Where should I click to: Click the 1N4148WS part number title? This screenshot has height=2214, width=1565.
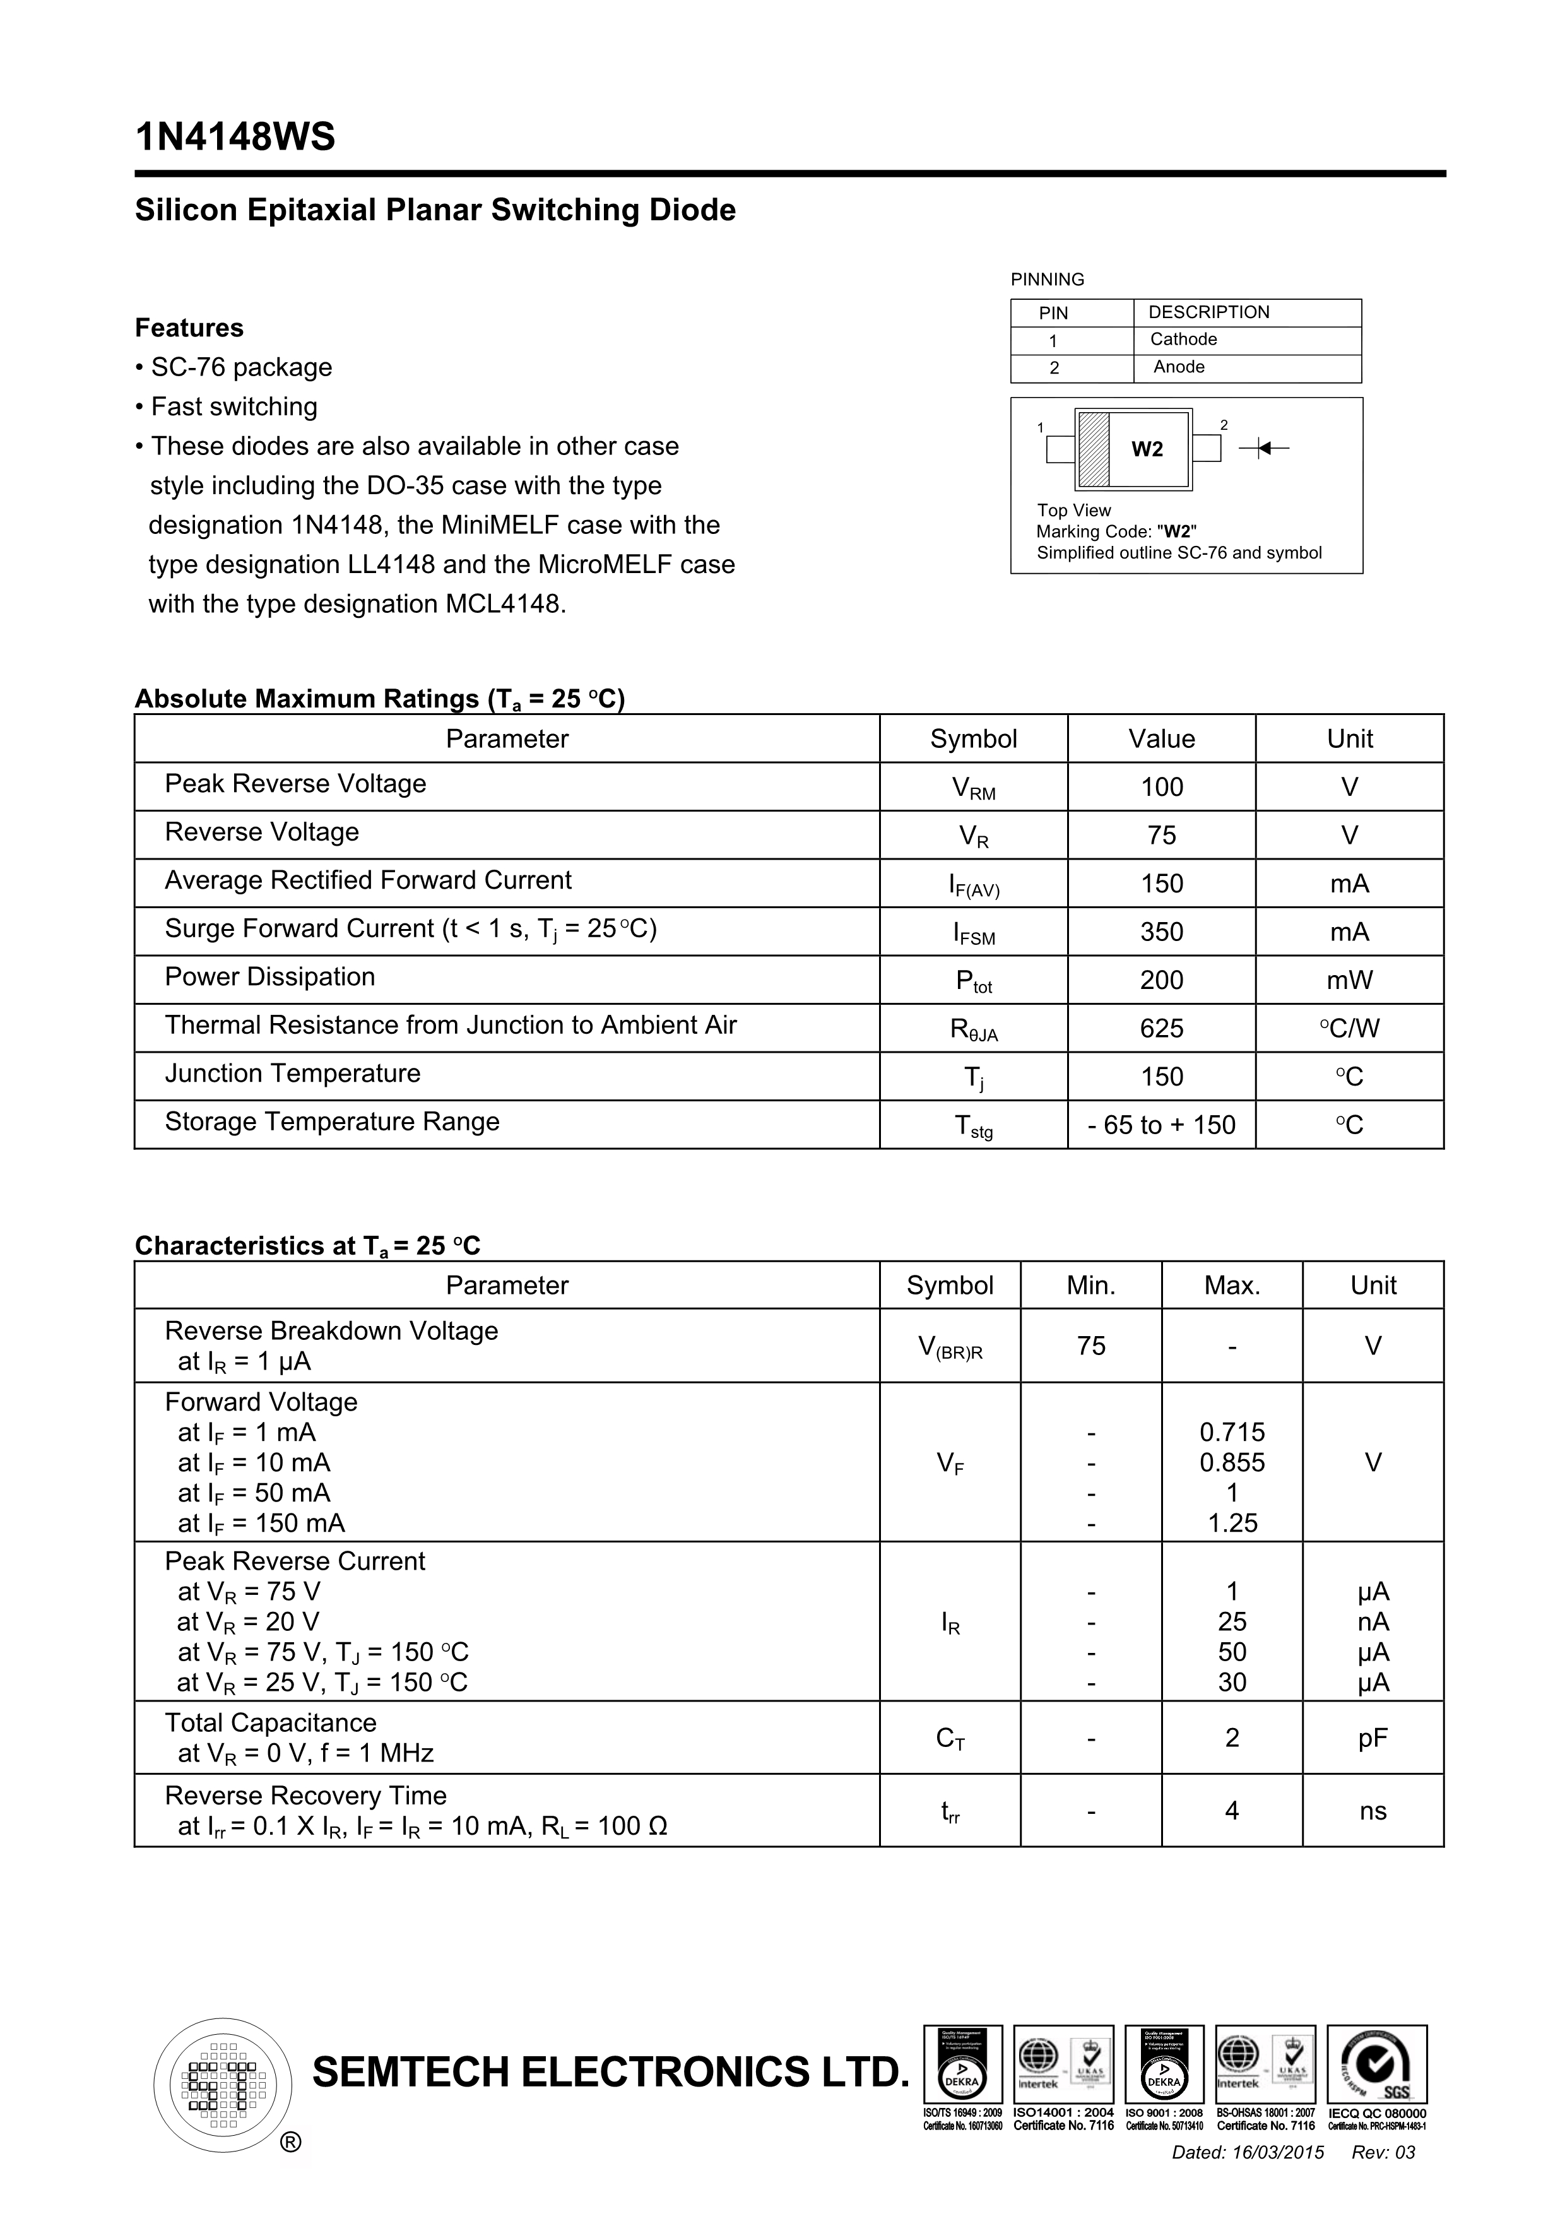pyautogui.click(x=235, y=138)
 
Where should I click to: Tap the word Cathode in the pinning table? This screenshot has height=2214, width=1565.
pyautogui.click(x=1183, y=340)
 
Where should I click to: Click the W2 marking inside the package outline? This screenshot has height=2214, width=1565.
pyautogui.click(x=1147, y=449)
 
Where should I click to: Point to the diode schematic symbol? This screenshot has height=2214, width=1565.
pyautogui.click(x=1264, y=447)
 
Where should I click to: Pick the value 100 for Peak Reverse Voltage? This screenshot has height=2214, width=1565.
pyautogui.click(x=1161, y=787)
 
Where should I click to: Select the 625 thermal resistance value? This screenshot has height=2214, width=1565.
pyautogui.click(x=1161, y=1028)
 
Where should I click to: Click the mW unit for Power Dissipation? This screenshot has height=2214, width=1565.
pyautogui.click(x=1349, y=980)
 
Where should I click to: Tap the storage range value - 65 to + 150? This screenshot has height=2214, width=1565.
pyautogui.click(x=1161, y=1125)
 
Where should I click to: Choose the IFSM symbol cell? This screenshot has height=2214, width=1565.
pyautogui.click(x=973, y=932)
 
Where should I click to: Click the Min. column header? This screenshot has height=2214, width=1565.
pyautogui.click(x=1090, y=1286)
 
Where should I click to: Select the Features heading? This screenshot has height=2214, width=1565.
pyautogui.click(x=189, y=328)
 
